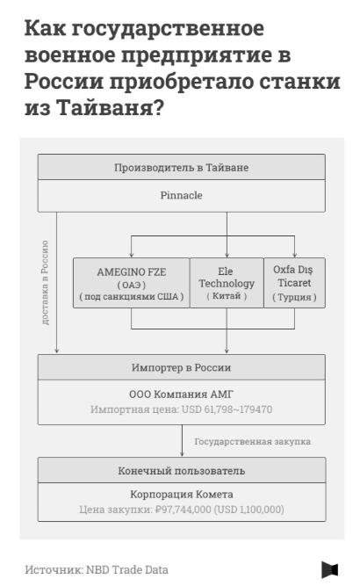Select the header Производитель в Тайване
click(181, 168)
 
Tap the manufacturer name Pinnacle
click(181, 195)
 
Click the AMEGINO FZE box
click(132, 283)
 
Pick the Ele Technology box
click(227, 283)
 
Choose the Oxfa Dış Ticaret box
click(294, 283)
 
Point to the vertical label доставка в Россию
click(45, 283)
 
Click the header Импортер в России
click(181, 368)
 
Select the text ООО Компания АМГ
click(181, 394)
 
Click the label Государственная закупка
click(253, 441)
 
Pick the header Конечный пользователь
click(181, 471)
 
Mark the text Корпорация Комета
click(181, 494)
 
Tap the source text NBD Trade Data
click(127, 569)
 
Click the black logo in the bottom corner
click(330, 569)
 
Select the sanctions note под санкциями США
click(132, 297)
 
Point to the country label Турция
click(294, 297)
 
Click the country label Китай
click(227, 296)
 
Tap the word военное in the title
click(70, 55)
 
